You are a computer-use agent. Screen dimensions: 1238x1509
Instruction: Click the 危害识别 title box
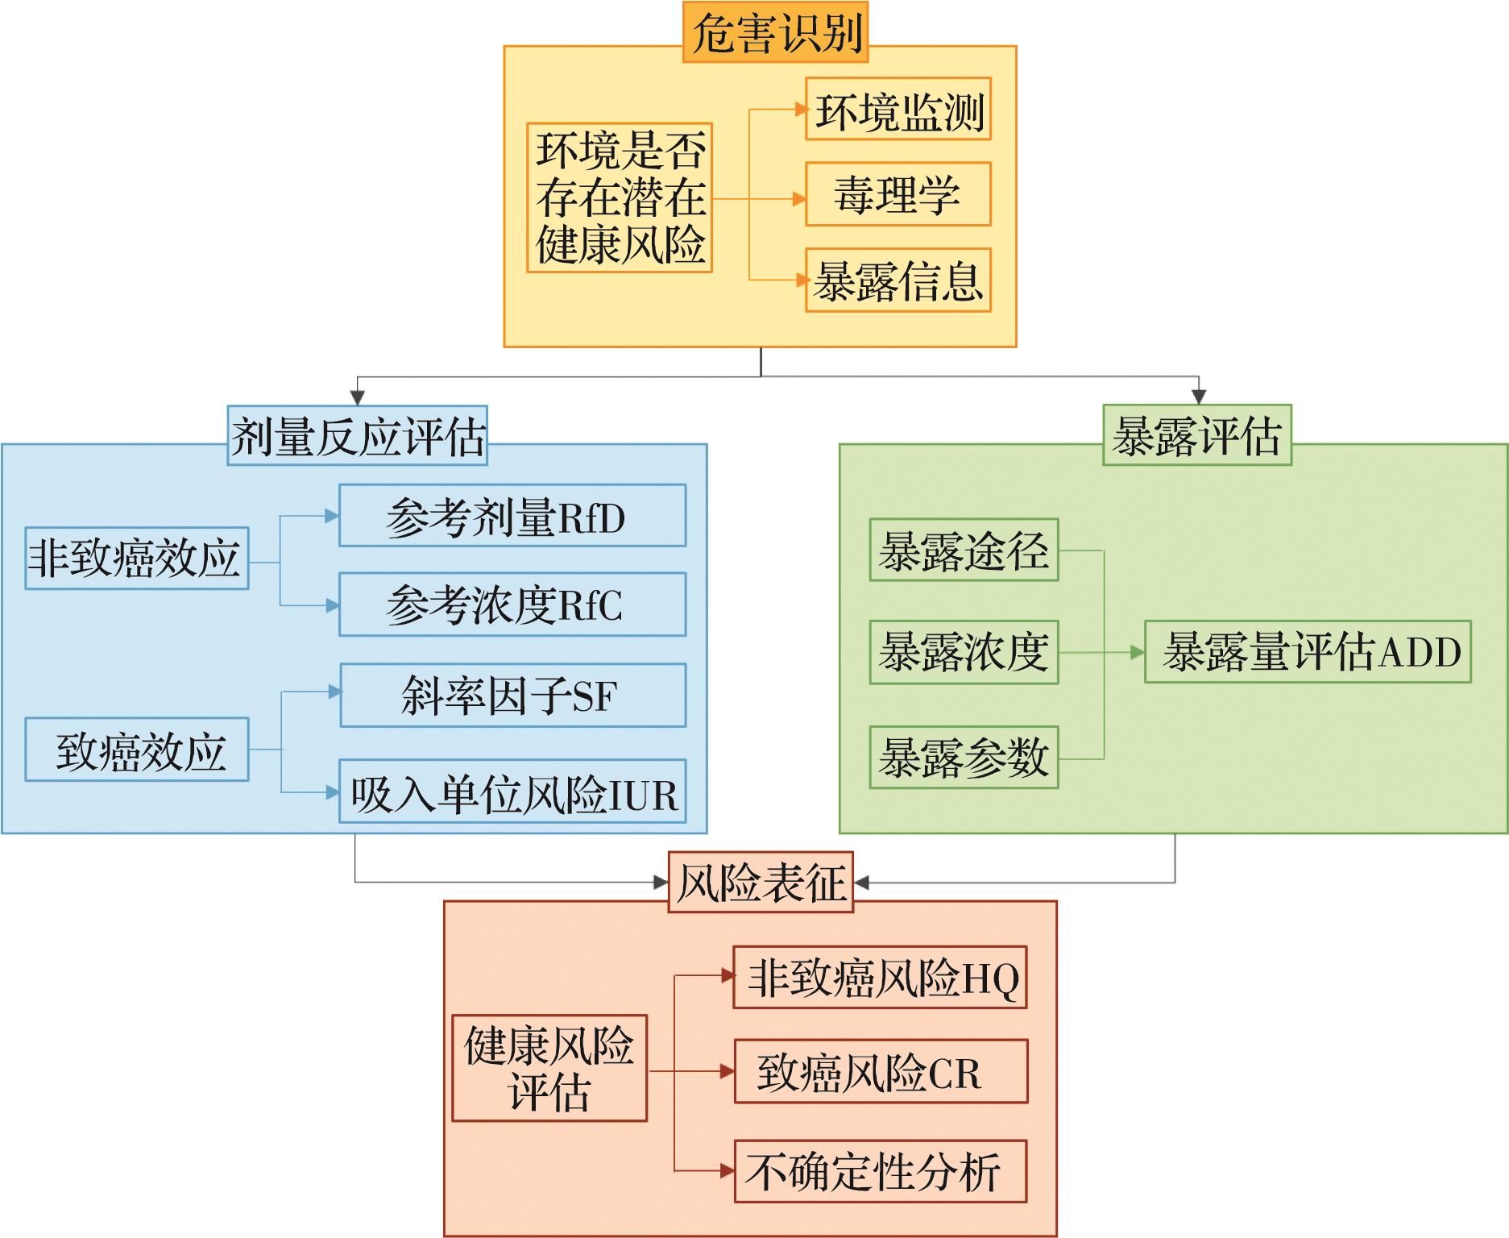775,32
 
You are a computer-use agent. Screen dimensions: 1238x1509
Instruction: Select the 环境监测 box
898,110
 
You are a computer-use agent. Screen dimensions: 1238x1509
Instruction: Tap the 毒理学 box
898,195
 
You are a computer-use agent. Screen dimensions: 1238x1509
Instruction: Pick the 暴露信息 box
898,280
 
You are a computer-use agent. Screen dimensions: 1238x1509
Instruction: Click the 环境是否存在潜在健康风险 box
620,197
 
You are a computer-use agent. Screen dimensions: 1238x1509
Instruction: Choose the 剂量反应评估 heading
357,436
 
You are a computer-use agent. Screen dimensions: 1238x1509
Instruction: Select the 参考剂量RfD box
512,516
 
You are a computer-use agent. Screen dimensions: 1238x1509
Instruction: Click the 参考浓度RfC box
512,604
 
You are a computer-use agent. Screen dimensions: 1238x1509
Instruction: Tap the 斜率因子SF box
512,696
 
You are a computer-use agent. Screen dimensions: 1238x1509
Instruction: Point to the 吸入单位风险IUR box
512,791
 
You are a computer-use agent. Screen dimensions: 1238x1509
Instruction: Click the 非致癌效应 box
136,559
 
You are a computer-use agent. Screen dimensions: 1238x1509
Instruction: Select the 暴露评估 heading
1196,436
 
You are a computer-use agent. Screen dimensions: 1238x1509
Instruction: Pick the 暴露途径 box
964,550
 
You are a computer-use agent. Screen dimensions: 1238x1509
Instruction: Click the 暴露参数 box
964,758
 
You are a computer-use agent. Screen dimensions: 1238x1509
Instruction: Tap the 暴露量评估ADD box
1308,652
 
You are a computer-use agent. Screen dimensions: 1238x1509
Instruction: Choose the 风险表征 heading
761,883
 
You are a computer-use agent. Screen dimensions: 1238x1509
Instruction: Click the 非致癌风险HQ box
880,978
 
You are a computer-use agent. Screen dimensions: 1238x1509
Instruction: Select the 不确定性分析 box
880,1171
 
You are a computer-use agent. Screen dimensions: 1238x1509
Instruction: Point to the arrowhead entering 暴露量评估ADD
1138,653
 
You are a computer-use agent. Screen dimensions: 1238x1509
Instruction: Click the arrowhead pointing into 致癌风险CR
727,1072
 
